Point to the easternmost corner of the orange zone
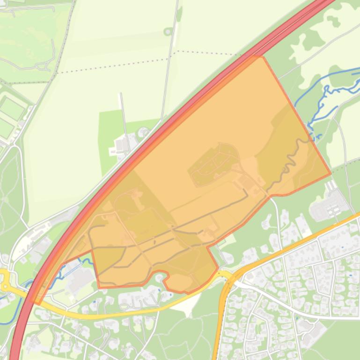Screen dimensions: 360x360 [331, 173]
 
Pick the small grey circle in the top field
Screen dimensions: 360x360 [168, 32]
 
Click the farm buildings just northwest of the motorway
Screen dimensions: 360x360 [123, 145]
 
